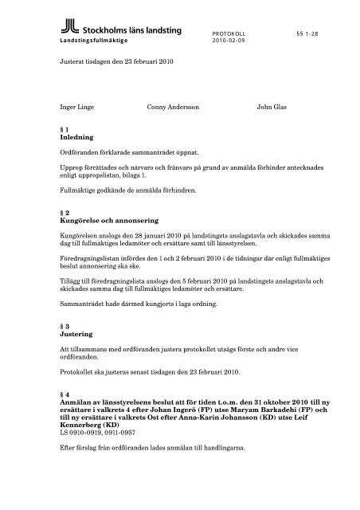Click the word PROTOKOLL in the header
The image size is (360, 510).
pos(228,33)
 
